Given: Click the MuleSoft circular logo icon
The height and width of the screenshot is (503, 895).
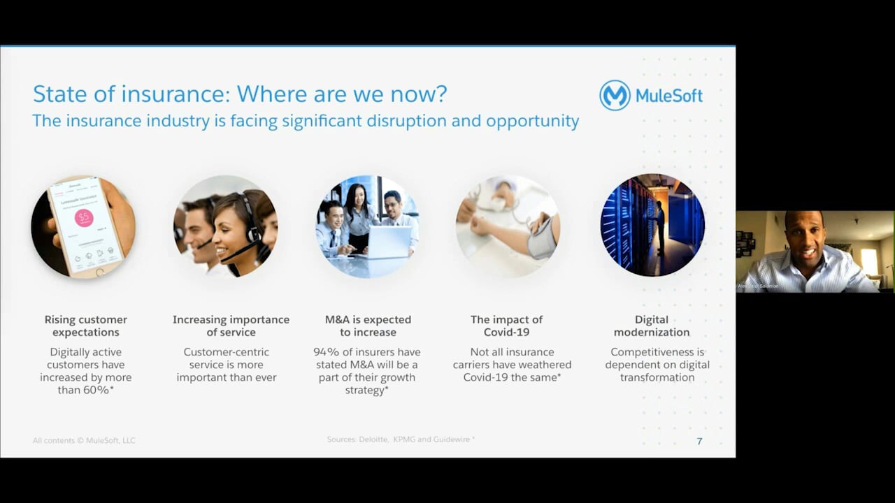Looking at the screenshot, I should click(615, 95).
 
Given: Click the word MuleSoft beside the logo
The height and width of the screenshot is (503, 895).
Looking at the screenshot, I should click(669, 96).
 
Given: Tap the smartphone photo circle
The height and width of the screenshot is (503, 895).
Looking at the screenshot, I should click(83, 226).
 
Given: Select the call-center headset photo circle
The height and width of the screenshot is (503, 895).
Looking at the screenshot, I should click(225, 226).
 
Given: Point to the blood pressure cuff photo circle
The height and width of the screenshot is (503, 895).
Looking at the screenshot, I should click(508, 226).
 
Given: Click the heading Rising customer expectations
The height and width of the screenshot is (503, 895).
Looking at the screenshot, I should click(86, 326).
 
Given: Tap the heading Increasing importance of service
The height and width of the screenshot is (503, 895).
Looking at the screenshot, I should click(231, 326).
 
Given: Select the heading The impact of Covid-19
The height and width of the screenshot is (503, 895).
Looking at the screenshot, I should click(506, 326).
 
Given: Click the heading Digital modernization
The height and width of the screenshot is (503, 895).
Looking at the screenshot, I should click(652, 326).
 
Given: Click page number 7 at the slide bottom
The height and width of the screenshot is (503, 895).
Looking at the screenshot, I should click(699, 441).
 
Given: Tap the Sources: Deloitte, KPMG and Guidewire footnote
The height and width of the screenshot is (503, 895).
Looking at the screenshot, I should click(401, 439).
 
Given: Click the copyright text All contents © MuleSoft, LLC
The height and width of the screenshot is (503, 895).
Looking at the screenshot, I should click(84, 440).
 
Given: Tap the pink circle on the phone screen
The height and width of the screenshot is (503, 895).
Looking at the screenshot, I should click(84, 218).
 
